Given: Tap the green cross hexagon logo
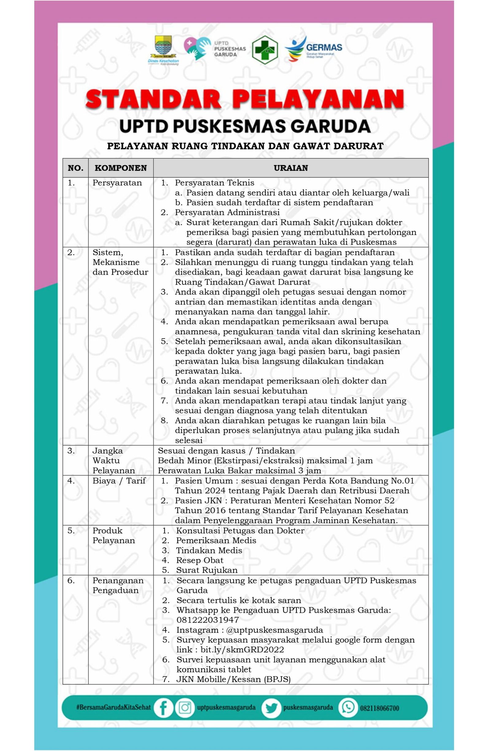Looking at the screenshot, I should pyautogui.click(x=265, y=49).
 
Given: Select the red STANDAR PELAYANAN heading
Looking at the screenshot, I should pyautogui.click(x=245, y=99).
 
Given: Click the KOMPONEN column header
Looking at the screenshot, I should pyautogui.click(x=121, y=168).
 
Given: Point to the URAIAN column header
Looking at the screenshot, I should pyautogui.click(x=291, y=168).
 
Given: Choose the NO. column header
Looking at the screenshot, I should pyautogui.click(x=75, y=168).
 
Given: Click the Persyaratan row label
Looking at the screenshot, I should pyautogui.click(x=117, y=183).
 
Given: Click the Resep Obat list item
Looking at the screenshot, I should pyautogui.click(x=199, y=560).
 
